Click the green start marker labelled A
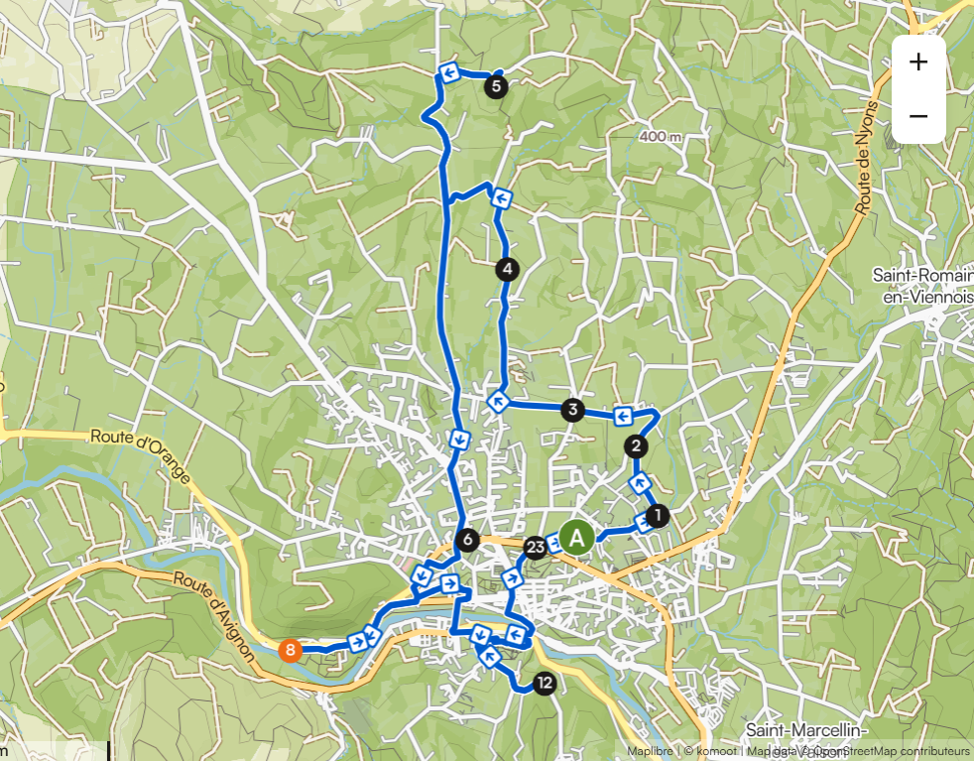576,537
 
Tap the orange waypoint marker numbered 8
290,651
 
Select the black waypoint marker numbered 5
497,86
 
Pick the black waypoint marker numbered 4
507,268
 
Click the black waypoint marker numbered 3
571,409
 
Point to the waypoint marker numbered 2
636,446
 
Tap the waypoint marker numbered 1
656,515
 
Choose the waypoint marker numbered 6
467,541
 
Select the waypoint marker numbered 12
544,683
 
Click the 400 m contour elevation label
661,136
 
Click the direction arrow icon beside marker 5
448,72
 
